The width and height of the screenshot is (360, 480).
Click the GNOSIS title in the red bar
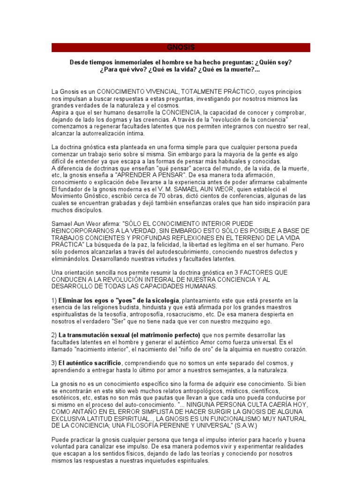click(x=180, y=48)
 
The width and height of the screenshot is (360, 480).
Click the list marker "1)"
click(x=54, y=300)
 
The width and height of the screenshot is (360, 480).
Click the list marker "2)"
click(x=54, y=335)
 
